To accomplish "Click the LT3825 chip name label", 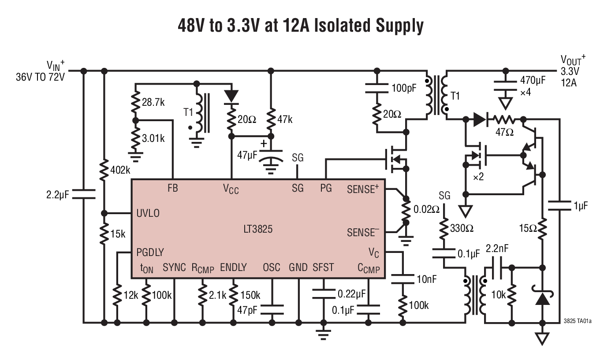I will click(x=258, y=229).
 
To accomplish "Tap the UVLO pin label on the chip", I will click(x=148, y=213).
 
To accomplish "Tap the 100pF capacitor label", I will click(x=404, y=88).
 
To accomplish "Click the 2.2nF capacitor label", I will click(x=497, y=249).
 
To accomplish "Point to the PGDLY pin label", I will click(x=150, y=252).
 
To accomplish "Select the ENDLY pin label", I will click(x=233, y=267).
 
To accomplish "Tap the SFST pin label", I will click(x=323, y=267).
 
